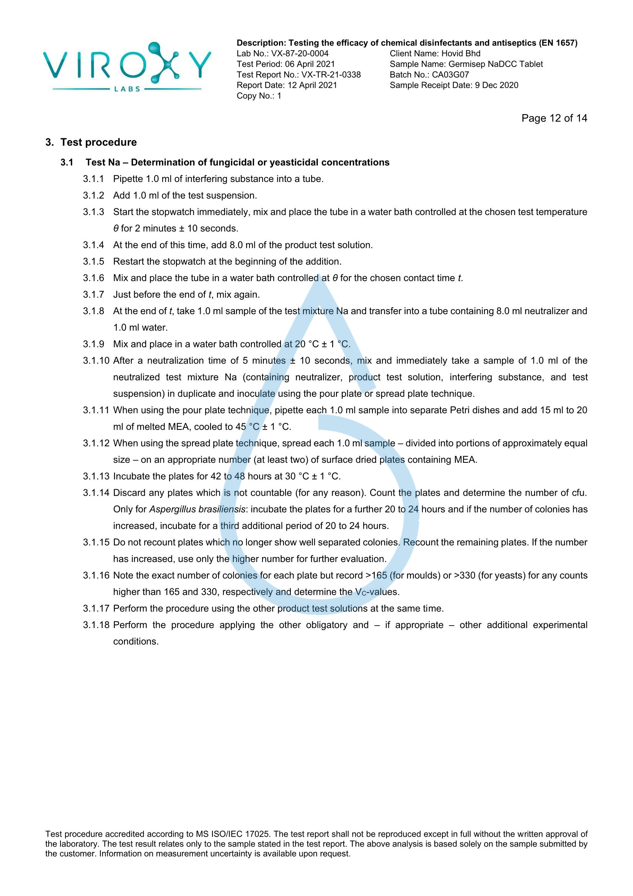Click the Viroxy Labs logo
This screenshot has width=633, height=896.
[127, 67]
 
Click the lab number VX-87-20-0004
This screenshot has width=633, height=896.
[300, 54]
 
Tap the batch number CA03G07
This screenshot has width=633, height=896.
[450, 75]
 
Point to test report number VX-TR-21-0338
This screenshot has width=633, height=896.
[331, 75]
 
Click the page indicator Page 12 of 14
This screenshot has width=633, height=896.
[554, 118]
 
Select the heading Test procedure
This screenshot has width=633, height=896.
[98, 143]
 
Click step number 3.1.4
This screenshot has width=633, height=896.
[93, 245]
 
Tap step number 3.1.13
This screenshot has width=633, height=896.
[96, 476]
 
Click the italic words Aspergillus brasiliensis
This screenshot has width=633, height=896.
[197, 509]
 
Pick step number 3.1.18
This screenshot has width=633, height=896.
[96, 625]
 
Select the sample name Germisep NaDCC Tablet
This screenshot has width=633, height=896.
[495, 64]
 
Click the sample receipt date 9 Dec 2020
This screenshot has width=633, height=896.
[496, 85]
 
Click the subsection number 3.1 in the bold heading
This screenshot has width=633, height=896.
[67, 162]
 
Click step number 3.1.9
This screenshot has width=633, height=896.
[93, 344]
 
